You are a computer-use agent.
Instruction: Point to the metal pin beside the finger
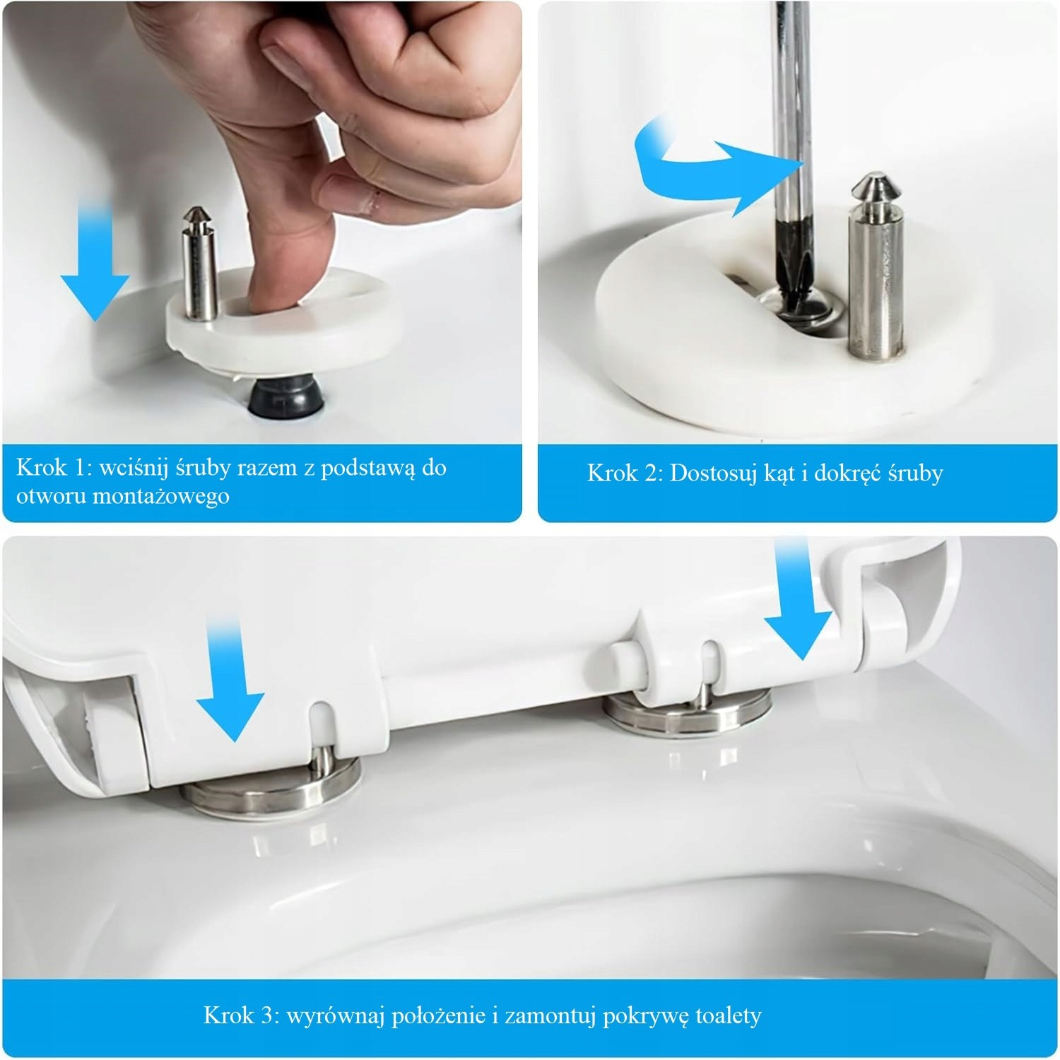click(199, 265)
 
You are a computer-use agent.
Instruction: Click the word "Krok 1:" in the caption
click(54, 468)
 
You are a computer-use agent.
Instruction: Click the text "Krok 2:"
click(625, 473)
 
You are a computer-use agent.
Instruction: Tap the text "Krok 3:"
click(241, 1015)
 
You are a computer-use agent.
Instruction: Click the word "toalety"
click(729, 1016)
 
